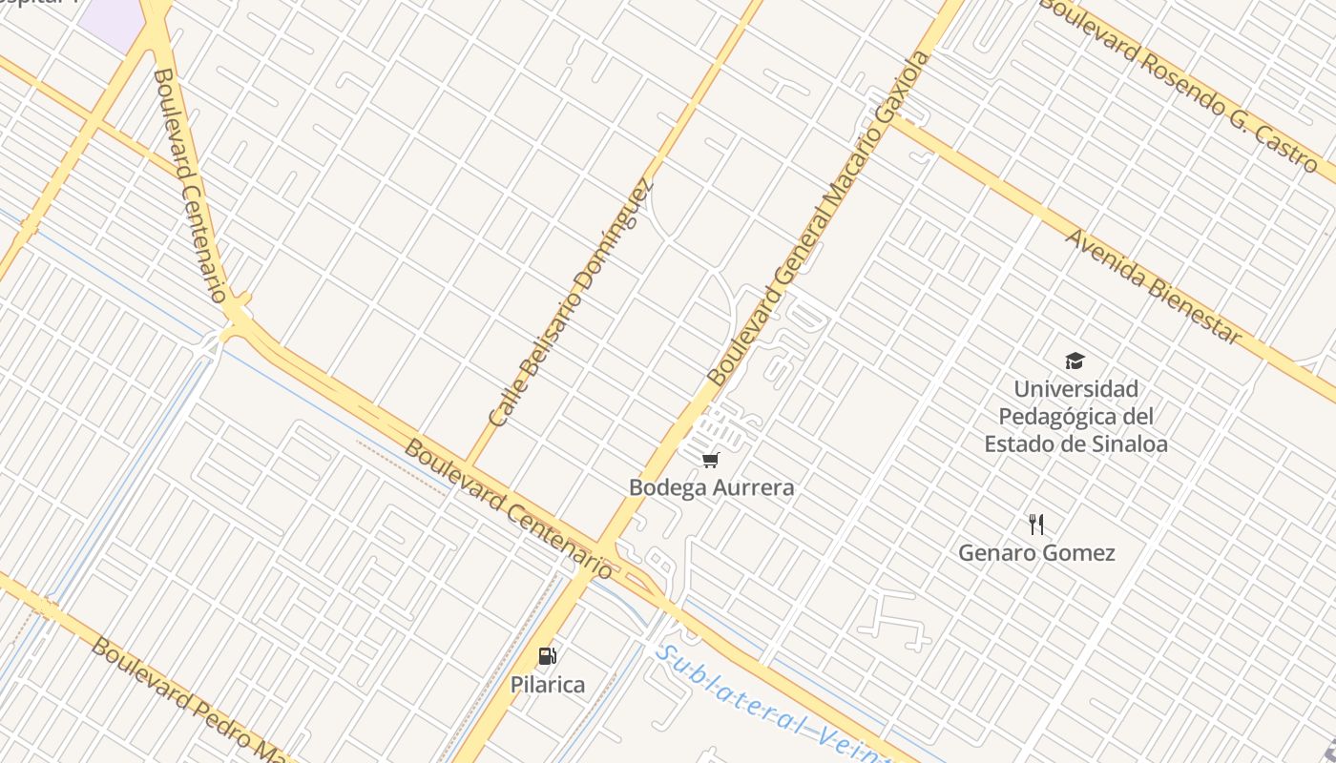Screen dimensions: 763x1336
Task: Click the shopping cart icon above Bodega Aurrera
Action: point(710,461)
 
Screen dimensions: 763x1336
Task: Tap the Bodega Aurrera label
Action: point(711,487)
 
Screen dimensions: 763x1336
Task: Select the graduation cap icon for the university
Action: point(1075,361)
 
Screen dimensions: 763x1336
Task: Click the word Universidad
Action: point(1075,389)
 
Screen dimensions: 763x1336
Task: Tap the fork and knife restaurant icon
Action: point(1036,524)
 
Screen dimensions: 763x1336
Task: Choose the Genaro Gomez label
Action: point(1036,552)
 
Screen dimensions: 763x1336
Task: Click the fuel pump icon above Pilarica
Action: point(547,655)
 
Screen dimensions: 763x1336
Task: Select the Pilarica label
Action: point(547,684)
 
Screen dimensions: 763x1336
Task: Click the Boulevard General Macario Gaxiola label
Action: point(818,219)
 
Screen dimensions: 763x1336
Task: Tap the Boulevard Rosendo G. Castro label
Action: point(1178,84)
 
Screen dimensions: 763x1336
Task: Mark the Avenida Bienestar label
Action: point(1154,286)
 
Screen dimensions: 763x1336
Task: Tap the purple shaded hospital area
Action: point(111,17)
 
